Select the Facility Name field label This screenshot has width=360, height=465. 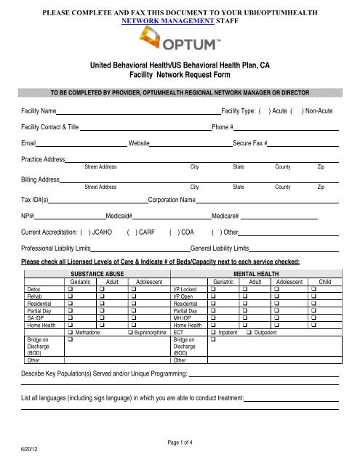click(39, 113)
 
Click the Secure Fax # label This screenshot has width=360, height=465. click(250, 144)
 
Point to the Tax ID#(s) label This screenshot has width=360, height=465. click(36, 199)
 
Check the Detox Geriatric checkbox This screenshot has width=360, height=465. click(71, 288)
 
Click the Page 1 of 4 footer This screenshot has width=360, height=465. click(179, 442)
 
